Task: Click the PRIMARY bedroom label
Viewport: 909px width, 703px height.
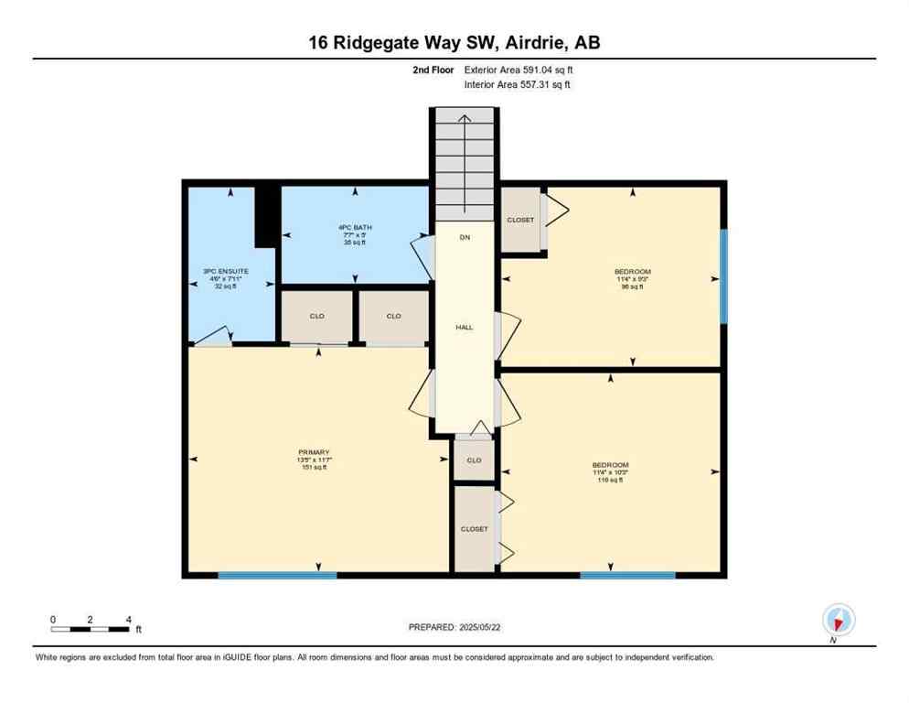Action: [x=314, y=452]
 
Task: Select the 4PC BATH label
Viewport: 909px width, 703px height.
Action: [x=354, y=228]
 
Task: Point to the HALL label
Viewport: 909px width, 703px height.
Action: [x=465, y=327]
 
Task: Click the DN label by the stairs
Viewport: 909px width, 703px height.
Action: [x=465, y=237]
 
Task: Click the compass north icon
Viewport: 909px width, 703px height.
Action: [x=838, y=620]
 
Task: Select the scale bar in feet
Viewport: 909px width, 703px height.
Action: [x=91, y=628]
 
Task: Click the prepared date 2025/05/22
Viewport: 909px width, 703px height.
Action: [x=454, y=627]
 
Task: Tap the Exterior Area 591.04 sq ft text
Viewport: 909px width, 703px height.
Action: [x=519, y=70]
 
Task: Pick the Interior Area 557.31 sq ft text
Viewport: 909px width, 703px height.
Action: [x=518, y=85]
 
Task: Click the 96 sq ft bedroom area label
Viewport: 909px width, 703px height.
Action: [x=632, y=287]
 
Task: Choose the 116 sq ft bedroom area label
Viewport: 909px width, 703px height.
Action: [x=610, y=480]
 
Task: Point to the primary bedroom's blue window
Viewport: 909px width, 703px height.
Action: [x=277, y=575]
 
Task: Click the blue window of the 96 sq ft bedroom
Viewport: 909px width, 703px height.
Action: [x=723, y=276]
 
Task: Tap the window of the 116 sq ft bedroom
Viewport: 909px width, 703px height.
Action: [x=627, y=575]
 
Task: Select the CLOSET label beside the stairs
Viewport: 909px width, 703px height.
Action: [x=520, y=220]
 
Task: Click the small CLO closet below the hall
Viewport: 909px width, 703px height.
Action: [x=474, y=460]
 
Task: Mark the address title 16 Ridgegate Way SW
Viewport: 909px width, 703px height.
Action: [x=454, y=42]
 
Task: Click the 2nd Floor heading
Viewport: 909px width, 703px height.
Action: [x=433, y=70]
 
